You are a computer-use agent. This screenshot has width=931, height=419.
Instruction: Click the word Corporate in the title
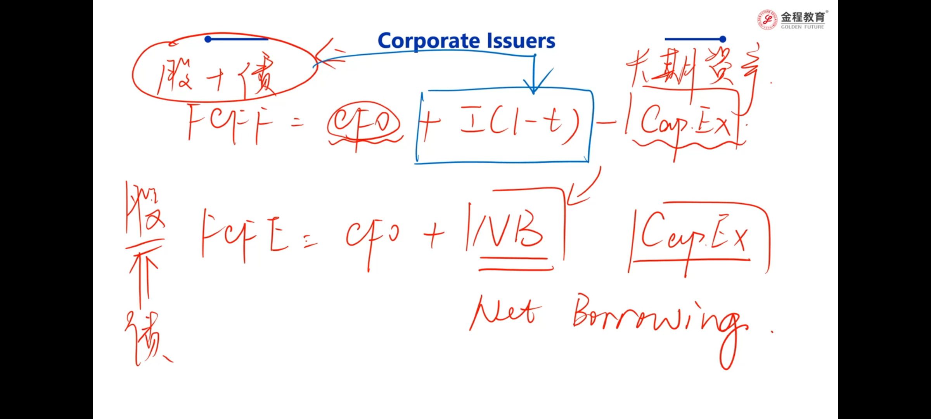[x=429, y=41]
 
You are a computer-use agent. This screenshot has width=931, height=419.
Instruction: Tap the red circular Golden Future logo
[x=767, y=20]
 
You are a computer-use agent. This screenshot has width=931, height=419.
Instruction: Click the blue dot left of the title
[x=208, y=39]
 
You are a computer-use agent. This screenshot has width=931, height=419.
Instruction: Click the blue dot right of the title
[x=722, y=39]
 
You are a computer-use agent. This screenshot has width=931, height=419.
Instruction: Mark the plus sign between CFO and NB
[x=433, y=235]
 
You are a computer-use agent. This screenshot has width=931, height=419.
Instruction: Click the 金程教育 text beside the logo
[x=803, y=17]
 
